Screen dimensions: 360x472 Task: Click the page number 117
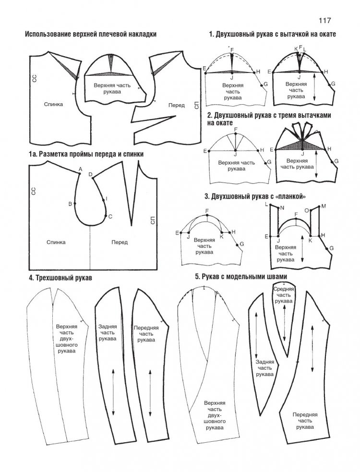[324, 21]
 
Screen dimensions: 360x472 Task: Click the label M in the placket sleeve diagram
[324, 206]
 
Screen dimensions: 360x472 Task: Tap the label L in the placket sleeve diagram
[266, 205]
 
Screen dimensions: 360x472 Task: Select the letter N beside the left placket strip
[282, 208]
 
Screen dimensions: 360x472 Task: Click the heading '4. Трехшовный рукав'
[60, 278]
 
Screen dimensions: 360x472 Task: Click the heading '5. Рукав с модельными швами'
[241, 277]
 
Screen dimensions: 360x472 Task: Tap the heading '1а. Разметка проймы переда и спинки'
[86, 154]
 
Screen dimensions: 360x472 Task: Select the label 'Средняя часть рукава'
[283, 295]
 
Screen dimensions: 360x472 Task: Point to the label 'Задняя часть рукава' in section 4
[108, 332]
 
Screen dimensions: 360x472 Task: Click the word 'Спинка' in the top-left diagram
[53, 104]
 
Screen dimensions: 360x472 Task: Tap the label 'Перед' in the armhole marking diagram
[120, 242]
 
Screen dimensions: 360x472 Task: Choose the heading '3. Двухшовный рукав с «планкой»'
[255, 196]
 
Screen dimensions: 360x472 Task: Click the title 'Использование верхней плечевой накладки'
[91, 34]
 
